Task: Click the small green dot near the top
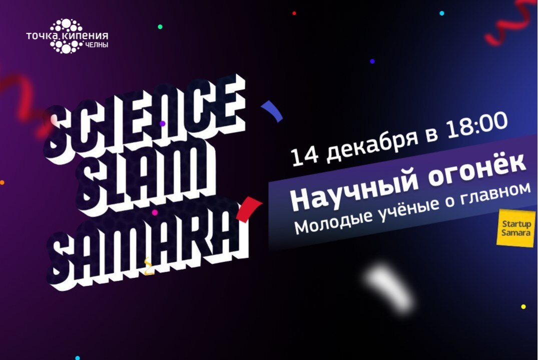160,26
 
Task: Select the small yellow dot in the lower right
523,306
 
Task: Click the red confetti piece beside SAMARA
250,208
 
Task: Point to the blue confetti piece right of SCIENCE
273,111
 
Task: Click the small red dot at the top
294,13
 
